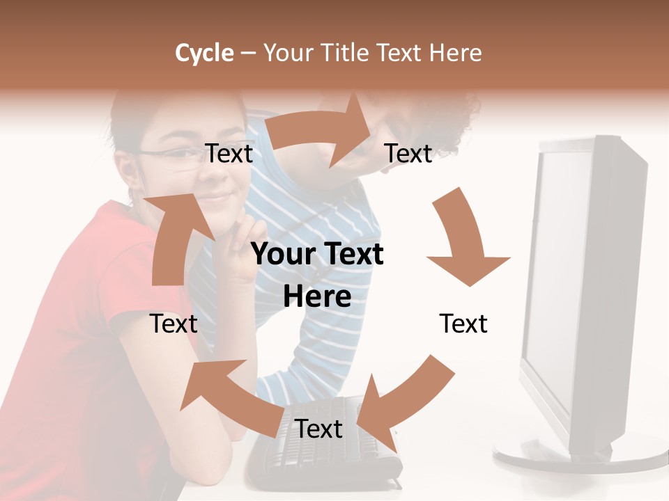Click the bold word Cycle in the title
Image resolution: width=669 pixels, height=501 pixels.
[x=204, y=53]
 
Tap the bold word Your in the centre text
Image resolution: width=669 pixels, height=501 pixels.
[x=279, y=254]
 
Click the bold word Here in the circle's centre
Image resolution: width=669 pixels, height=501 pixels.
[x=317, y=296]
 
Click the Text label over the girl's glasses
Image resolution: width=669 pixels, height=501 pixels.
[x=229, y=154]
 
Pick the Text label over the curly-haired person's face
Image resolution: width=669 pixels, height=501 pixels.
[x=408, y=154]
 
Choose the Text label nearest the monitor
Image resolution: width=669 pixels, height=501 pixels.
[x=463, y=324]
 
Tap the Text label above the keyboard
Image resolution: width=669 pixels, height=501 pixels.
[x=318, y=429]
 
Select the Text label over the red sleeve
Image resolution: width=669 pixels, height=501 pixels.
[x=174, y=324]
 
